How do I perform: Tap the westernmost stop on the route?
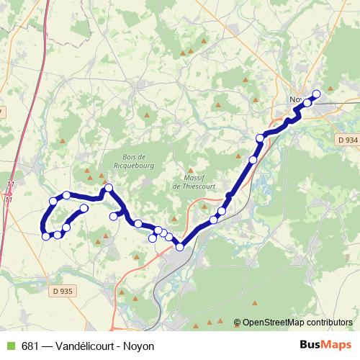tap(46, 236)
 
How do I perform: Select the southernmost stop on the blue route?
tap(179, 248)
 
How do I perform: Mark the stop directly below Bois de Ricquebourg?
tap(113, 216)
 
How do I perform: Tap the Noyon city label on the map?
tap(295, 100)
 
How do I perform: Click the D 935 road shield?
tap(64, 292)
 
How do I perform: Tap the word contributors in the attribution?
tap(330, 323)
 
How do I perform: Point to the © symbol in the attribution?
tap(238, 323)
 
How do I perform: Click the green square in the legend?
tap(9, 346)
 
